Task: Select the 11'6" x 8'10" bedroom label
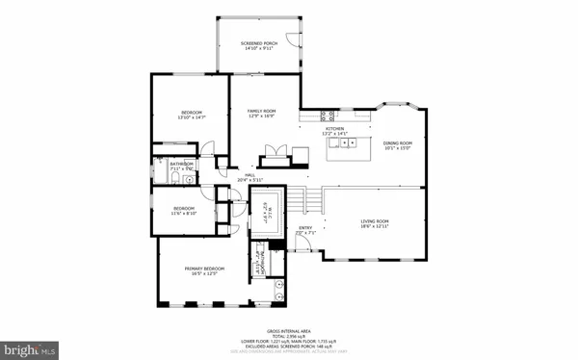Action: [x=183, y=211]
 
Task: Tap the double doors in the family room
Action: [x=275, y=154]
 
